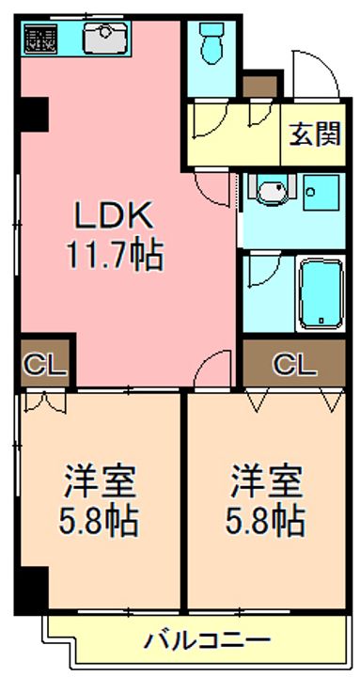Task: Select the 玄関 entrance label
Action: coord(314,135)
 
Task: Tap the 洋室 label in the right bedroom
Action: coord(268,483)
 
